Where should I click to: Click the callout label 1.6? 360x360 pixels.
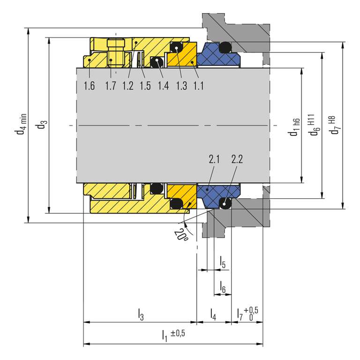click(89, 86)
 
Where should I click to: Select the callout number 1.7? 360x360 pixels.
click(111, 86)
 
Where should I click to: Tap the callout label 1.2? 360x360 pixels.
click(128, 86)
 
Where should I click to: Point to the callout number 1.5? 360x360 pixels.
click(145, 86)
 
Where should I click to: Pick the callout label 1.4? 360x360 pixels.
click(163, 86)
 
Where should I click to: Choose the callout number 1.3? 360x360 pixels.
click(181, 86)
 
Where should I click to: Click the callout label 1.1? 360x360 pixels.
click(198, 86)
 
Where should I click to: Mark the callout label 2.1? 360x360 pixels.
click(214, 159)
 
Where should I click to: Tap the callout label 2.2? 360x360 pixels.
click(237, 159)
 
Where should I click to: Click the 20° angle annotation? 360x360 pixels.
click(181, 235)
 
